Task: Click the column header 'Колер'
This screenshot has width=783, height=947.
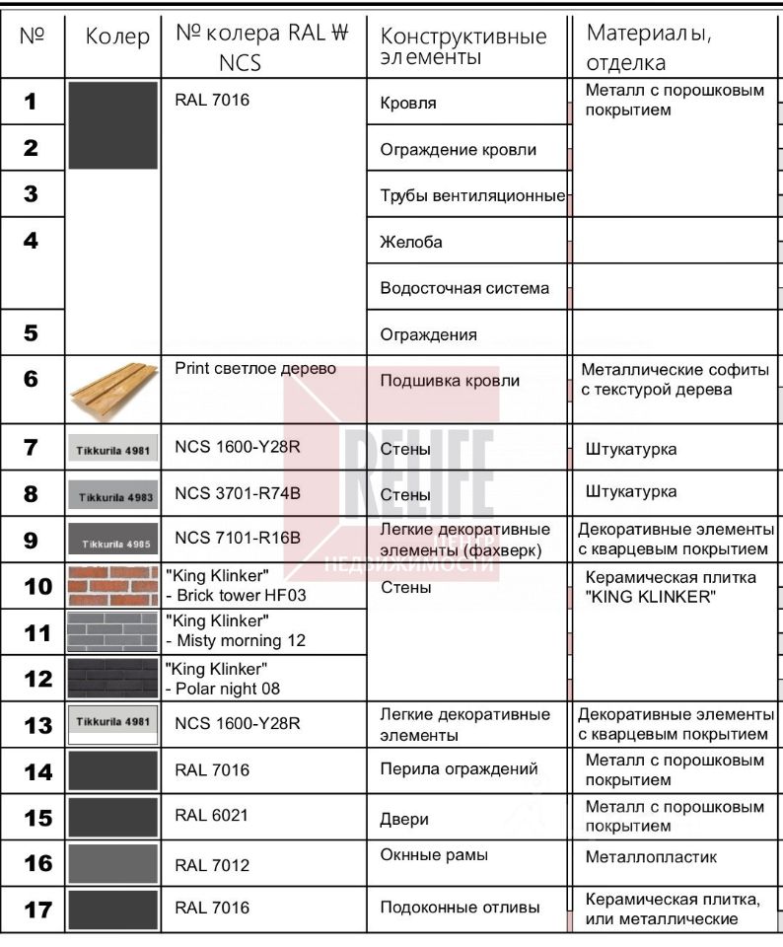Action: click(117, 38)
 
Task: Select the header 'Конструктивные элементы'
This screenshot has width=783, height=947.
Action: click(463, 47)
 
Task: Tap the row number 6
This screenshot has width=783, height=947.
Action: click(31, 379)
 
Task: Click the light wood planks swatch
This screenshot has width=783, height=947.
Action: click(113, 389)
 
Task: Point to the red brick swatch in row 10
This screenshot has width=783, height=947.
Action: click(112, 586)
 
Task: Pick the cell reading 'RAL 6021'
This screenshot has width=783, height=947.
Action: click(212, 815)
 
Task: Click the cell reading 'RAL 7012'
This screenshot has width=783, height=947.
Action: click(212, 865)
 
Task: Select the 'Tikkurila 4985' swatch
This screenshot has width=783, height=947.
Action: click(112, 541)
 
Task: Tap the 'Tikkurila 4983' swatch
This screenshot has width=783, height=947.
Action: click(112, 495)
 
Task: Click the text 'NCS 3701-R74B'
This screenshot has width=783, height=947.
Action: click(238, 492)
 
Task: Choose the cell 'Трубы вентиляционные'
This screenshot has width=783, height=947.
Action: click(472, 195)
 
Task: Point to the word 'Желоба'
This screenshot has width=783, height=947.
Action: click(411, 242)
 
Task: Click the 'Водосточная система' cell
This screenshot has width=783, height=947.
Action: click(464, 288)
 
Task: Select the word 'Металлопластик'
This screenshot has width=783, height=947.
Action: click(638, 857)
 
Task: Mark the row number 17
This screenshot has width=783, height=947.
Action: click(37, 910)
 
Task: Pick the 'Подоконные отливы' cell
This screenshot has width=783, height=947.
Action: click(460, 908)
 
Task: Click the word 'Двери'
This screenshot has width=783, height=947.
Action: click(404, 819)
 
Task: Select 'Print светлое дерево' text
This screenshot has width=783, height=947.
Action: click(255, 369)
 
